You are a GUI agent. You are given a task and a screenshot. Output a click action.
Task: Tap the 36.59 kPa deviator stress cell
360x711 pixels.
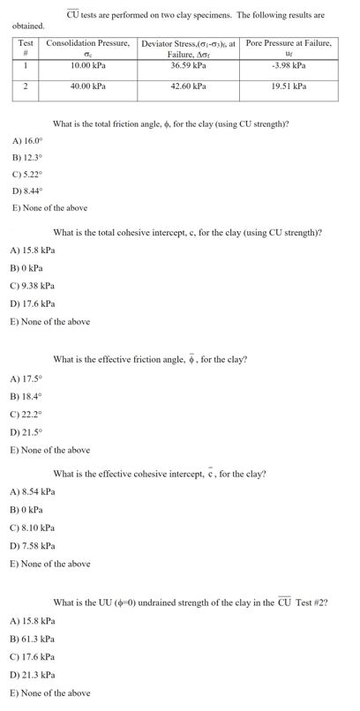point(189,65)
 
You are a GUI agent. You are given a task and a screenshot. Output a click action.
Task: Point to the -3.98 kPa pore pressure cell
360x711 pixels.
point(289,65)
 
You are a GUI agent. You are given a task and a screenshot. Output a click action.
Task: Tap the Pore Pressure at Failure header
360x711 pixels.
point(289,43)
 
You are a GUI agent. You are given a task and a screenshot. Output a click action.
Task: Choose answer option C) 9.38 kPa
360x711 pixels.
point(32,286)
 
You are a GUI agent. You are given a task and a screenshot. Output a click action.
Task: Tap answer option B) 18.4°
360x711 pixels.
point(27,396)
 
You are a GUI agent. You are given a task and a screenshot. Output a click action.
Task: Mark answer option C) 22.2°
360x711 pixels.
point(27,413)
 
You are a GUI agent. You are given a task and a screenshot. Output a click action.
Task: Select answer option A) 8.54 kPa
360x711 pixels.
point(32,491)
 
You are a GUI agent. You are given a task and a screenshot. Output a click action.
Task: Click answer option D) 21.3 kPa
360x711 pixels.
point(32,677)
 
